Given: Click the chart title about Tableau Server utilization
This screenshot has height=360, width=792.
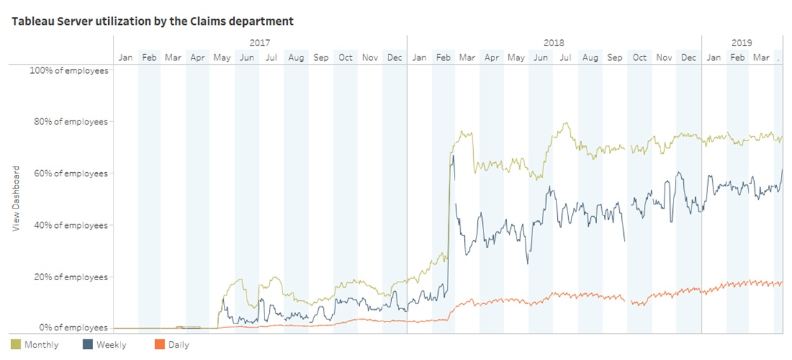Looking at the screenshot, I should pyautogui.click(x=152, y=21).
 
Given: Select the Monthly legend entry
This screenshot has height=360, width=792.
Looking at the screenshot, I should pyautogui.click(x=41, y=344).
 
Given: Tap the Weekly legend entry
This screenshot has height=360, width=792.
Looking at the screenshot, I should pyautogui.click(x=111, y=344).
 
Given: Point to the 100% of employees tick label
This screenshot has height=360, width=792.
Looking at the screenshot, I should pyautogui.click(x=68, y=70).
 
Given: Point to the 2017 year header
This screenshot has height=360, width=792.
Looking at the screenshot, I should pyautogui.click(x=260, y=43).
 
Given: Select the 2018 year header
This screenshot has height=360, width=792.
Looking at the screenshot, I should pyautogui.click(x=554, y=43).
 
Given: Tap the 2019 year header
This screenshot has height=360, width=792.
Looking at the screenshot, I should pyautogui.click(x=742, y=43).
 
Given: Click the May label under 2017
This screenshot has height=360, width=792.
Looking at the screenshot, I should pyautogui.click(x=222, y=58).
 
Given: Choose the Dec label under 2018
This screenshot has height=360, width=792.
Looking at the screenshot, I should pyautogui.click(x=688, y=58).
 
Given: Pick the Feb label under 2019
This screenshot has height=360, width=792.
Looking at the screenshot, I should pyautogui.click(x=738, y=58).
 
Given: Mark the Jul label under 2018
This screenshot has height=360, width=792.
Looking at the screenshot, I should pyautogui.click(x=565, y=58).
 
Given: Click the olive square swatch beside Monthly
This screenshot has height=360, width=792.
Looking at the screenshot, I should pyautogui.click(x=15, y=343).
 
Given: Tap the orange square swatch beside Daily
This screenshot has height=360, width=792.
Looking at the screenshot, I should pyautogui.click(x=159, y=343).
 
